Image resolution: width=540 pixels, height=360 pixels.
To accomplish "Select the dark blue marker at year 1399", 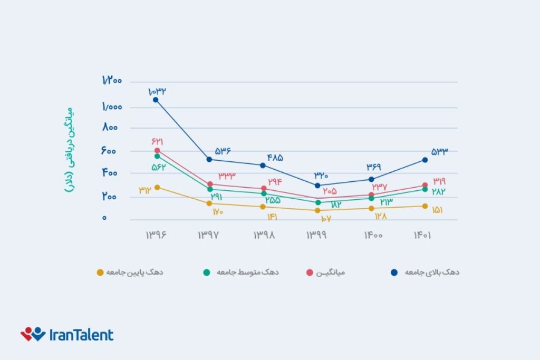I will pos(317,186).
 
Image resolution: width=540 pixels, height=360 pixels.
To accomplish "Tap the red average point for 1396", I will pos(157,151).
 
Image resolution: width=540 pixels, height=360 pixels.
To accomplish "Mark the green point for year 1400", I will pos(371,198).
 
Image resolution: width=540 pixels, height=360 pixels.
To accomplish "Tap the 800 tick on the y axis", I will pos(111,128).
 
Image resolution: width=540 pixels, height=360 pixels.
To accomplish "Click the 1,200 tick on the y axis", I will pos(111,81).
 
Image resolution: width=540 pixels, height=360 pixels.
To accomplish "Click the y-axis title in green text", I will pos(69,151).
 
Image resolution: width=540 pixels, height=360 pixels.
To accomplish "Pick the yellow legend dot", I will pos(100,273).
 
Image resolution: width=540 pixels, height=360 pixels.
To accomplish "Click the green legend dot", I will pos(206,273).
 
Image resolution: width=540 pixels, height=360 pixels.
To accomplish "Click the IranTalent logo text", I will pos(81,335).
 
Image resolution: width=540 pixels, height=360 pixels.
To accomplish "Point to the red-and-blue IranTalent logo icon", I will pos(33,334).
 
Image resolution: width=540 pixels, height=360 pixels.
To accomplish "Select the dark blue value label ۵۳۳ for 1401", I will pos(439,152).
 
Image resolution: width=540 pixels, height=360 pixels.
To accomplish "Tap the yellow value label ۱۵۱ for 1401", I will pos(438,210).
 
